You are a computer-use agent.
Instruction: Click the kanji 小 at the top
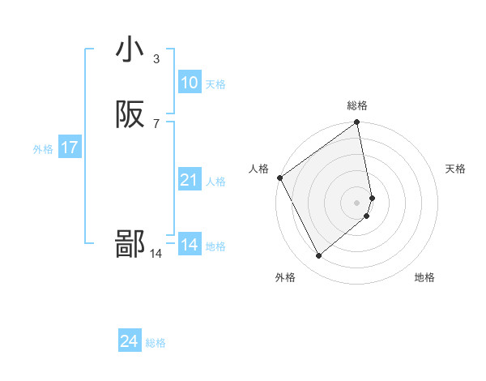pyautogui.click(x=130, y=49)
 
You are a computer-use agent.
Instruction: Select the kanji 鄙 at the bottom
pyautogui.click(x=130, y=244)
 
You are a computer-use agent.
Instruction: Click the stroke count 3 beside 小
pyautogui.click(x=156, y=58)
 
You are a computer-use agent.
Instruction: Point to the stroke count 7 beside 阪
pyautogui.click(x=156, y=123)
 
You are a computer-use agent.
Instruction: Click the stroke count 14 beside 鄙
pyautogui.click(x=156, y=254)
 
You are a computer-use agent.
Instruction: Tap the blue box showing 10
pyautogui.click(x=189, y=83)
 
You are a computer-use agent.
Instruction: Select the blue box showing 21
pyautogui.click(x=189, y=180)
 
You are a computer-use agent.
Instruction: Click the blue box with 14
pyautogui.click(x=189, y=245)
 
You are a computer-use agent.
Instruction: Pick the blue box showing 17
pyautogui.click(x=69, y=148)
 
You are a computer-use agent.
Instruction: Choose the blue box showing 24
pyautogui.click(x=129, y=342)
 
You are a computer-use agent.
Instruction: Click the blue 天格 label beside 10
pyautogui.click(x=215, y=84)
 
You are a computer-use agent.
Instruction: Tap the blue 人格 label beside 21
pyautogui.click(x=215, y=182)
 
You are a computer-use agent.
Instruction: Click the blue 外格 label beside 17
pyautogui.click(x=43, y=149)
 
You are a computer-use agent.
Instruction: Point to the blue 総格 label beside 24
pyautogui.click(x=156, y=344)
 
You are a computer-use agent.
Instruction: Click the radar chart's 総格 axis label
pyautogui.click(x=357, y=105)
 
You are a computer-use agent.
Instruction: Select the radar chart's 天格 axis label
pyautogui.click(x=455, y=169)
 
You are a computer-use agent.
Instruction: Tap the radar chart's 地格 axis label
pyautogui.click(x=424, y=277)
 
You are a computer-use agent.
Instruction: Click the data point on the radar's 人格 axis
pyautogui.click(x=279, y=178)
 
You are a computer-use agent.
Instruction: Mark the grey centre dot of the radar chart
pyautogui.click(x=357, y=202)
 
